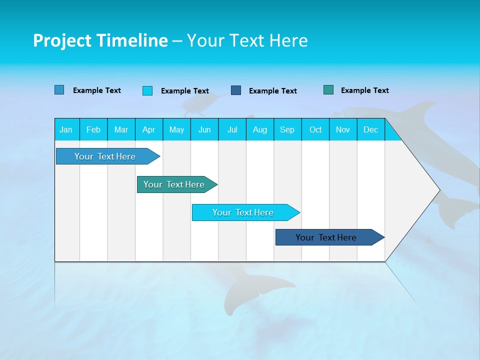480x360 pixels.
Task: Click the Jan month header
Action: [x=66, y=129]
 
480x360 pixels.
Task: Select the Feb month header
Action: [x=93, y=129]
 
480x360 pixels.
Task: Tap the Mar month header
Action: [x=121, y=129]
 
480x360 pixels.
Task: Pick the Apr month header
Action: [x=149, y=129]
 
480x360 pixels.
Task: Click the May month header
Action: [x=176, y=129]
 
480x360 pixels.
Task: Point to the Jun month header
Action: [x=204, y=129]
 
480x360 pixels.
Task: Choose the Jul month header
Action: [x=232, y=129]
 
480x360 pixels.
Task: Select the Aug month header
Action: [x=260, y=129]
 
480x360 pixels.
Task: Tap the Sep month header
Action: [x=287, y=129]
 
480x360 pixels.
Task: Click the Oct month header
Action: [x=315, y=129]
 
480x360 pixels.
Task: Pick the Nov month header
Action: [x=343, y=129]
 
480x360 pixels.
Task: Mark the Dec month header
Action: [x=371, y=129]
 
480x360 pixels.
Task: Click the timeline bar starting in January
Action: [x=105, y=156]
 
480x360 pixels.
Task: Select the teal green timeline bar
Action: [x=174, y=184]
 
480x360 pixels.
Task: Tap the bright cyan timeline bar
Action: [x=243, y=212]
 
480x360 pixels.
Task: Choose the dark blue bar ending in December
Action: [x=326, y=237]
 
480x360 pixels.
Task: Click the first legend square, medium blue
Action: [x=59, y=90]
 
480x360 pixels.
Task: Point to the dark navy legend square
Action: [x=236, y=90]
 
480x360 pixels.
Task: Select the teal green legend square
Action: [x=328, y=90]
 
